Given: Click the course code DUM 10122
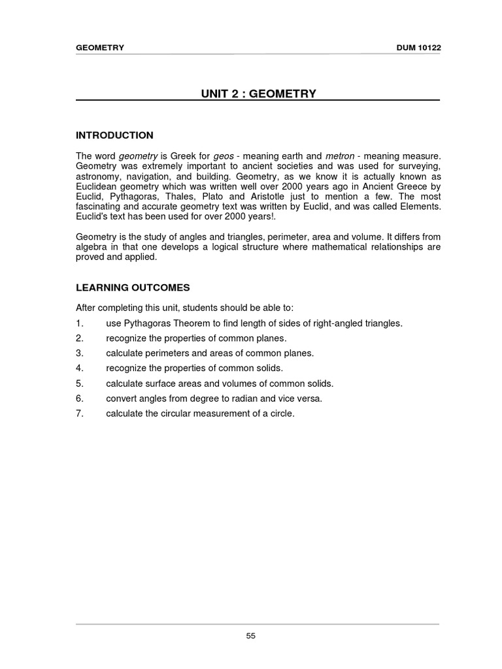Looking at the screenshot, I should click(414, 48).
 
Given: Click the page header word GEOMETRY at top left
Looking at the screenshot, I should click(100, 48).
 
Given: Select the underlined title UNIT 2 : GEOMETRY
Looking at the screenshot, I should click(258, 93).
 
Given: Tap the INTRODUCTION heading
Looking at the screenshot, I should click(114, 135).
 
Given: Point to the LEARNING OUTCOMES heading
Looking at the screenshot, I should click(133, 287).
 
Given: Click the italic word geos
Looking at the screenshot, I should click(224, 156).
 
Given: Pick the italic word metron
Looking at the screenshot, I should click(340, 156).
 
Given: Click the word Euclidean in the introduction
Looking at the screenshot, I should click(99, 187).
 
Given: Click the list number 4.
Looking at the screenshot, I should click(79, 368).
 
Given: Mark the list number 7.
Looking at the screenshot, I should click(79, 414).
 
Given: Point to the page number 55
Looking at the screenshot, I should click(251, 637).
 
